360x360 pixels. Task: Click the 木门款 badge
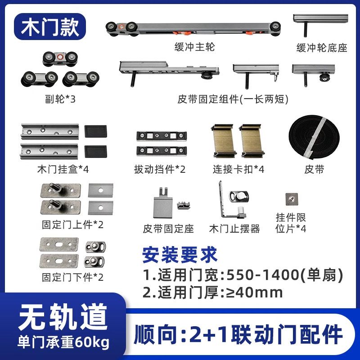click(50, 27)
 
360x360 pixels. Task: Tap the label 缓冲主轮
click(194, 47)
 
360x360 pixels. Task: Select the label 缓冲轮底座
click(322, 48)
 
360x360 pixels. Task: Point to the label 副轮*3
click(60, 99)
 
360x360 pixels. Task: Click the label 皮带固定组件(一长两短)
click(233, 99)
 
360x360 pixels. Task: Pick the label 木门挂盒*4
click(63, 170)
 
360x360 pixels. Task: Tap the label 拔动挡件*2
click(160, 170)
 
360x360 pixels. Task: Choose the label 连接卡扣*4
click(238, 170)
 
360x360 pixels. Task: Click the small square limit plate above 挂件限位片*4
click(292, 199)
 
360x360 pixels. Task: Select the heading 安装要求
click(180, 255)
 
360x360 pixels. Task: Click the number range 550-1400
click(263, 275)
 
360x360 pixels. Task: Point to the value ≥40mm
click(255, 293)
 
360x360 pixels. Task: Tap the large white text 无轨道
click(63, 317)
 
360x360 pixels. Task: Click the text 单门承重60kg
click(63, 342)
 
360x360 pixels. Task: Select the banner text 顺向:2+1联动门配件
click(238, 334)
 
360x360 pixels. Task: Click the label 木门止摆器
click(234, 229)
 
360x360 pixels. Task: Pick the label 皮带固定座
click(168, 229)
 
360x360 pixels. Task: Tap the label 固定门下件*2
click(72, 277)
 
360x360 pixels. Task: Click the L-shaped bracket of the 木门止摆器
click(222, 202)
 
